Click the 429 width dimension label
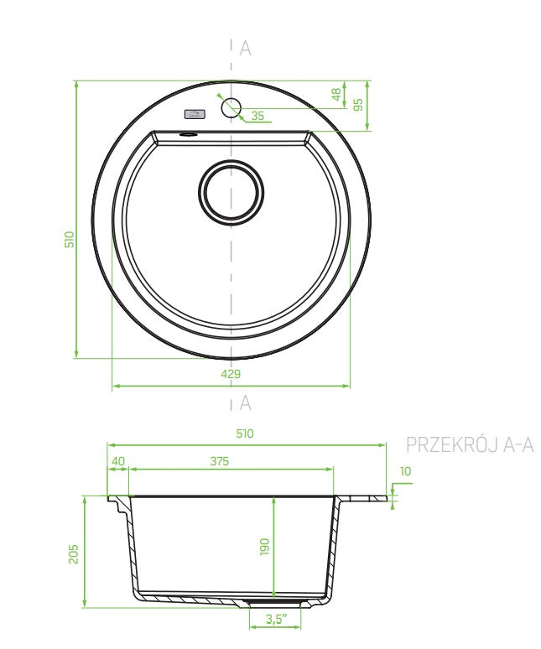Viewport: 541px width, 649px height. [231, 374]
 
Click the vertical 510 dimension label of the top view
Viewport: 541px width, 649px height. [70, 240]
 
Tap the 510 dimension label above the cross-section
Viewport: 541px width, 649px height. [245, 434]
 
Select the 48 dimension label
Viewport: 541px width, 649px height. [337, 95]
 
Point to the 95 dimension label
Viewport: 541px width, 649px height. [358, 104]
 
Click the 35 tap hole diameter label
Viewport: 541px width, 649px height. [257, 116]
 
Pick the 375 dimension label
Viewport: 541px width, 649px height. [220, 461]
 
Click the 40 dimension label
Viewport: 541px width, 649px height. [118, 461]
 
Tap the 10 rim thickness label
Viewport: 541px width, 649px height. [406, 471]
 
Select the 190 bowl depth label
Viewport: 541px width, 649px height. [264, 547]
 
